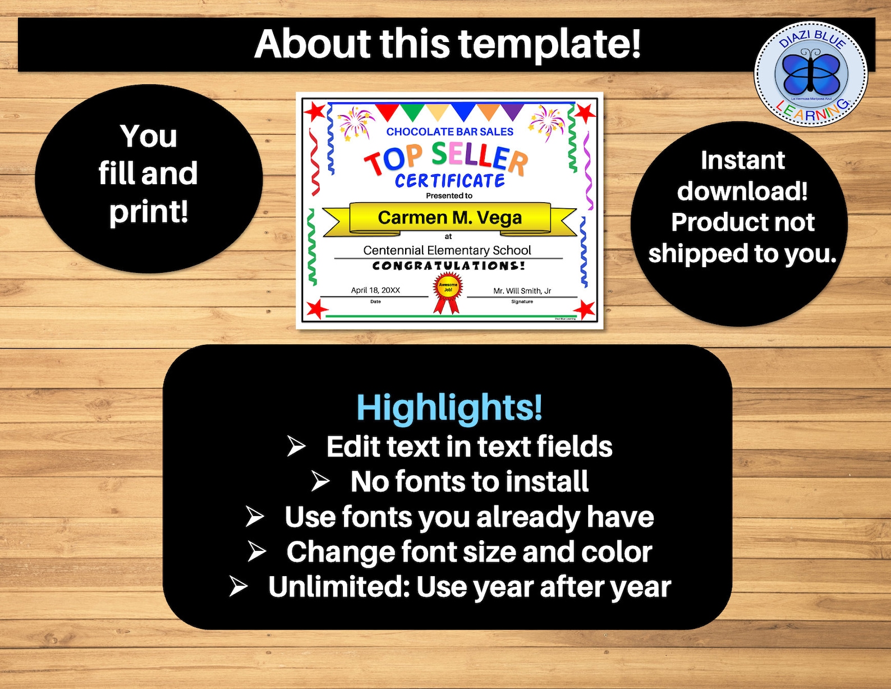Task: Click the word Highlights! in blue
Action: (x=449, y=407)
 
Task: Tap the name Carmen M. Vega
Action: (x=449, y=217)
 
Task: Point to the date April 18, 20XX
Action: (x=375, y=290)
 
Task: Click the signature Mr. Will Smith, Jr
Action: (x=522, y=291)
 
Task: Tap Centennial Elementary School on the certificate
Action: (x=447, y=250)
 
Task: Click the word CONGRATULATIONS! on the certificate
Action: (x=448, y=266)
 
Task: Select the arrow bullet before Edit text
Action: (x=296, y=446)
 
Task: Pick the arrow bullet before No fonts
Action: (x=320, y=481)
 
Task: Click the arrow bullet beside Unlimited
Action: (x=238, y=586)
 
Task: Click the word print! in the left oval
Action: (x=149, y=212)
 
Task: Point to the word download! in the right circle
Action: (x=742, y=191)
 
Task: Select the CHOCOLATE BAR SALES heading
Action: (x=449, y=132)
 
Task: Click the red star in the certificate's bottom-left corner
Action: (x=316, y=308)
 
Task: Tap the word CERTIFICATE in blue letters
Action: (x=449, y=181)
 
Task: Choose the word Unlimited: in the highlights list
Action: (x=339, y=587)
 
